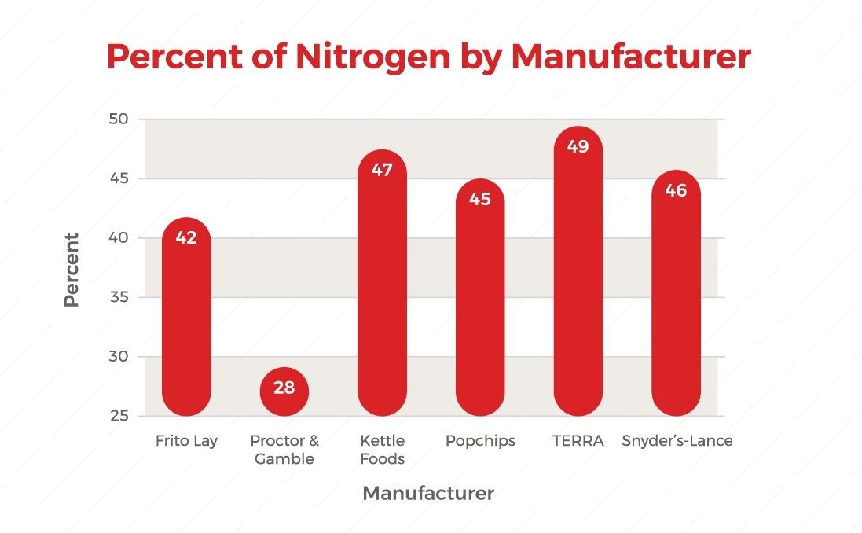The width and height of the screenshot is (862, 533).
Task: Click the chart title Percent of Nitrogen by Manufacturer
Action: tap(429, 57)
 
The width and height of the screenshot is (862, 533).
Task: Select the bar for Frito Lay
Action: tap(186, 322)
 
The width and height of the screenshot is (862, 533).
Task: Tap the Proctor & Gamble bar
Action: tap(284, 391)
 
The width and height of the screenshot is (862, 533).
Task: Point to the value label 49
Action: tap(578, 147)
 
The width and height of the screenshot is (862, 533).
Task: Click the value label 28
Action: tap(284, 388)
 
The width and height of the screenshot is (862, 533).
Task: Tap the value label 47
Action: tap(382, 170)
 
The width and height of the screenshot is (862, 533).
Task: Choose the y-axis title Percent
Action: tap(72, 269)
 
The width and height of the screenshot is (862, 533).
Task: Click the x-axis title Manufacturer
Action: tap(428, 494)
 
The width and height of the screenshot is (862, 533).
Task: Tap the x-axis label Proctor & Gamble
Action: tap(284, 450)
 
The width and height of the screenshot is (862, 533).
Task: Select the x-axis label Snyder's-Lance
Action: tap(677, 441)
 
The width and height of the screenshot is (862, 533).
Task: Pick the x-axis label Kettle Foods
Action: tap(382, 450)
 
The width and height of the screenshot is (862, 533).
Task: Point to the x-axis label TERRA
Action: tap(578, 441)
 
